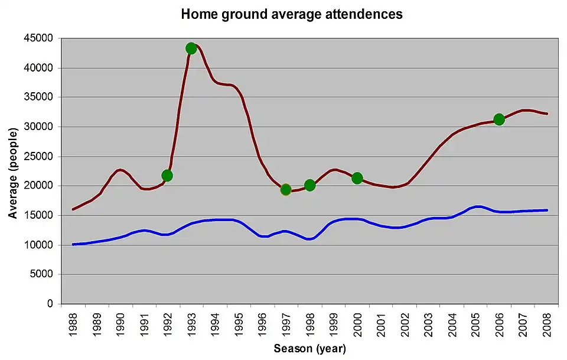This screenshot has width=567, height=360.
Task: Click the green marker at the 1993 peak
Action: tap(191, 48)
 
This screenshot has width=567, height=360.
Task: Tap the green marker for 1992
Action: tap(167, 176)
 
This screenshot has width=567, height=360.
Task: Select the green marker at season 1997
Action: tap(286, 190)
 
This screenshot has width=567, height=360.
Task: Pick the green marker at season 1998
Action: tap(309, 186)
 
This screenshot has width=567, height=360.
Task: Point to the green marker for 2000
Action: tap(357, 178)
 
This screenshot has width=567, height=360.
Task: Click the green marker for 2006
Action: tap(499, 119)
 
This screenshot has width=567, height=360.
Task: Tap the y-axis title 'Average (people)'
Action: tap(13, 171)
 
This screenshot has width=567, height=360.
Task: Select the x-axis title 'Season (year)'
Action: tap(309, 348)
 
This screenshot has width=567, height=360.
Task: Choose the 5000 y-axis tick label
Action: tap(41, 274)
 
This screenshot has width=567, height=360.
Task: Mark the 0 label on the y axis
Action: tap(50, 304)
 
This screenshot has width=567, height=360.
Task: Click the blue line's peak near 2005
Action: tap(477, 206)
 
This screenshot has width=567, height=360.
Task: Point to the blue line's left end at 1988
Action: tap(73, 244)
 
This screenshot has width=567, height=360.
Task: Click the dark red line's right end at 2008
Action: tap(547, 113)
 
